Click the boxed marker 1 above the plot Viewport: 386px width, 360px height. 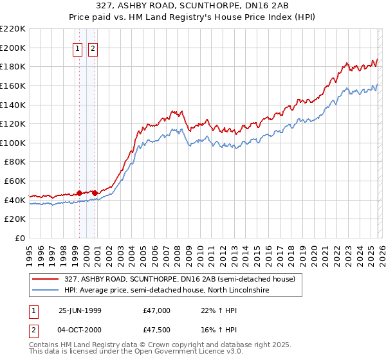(x=78, y=48)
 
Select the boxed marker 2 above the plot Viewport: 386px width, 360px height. (x=93, y=48)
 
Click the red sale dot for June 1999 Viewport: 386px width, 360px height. (x=79, y=192)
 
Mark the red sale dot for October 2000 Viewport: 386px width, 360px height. (x=95, y=192)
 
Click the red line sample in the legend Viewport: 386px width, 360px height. (x=46, y=279)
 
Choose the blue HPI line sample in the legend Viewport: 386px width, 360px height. (x=46, y=291)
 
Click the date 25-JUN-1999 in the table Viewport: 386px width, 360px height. (x=80, y=310)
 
